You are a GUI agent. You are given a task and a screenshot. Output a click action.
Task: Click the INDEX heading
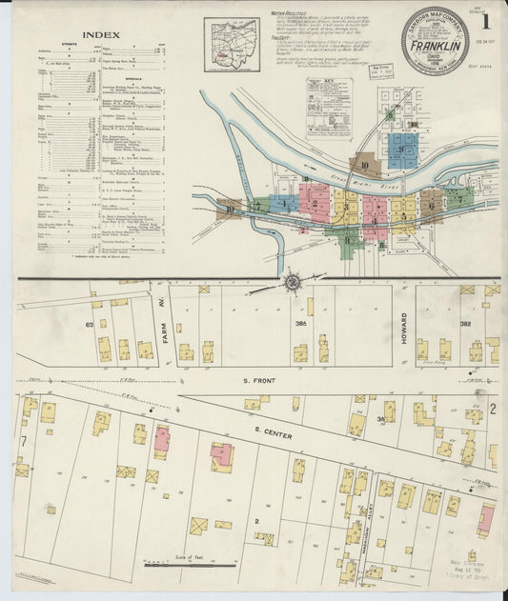point(100,35)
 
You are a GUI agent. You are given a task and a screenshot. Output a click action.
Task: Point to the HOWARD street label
point(404,330)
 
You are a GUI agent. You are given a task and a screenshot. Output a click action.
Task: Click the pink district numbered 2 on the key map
point(314,202)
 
